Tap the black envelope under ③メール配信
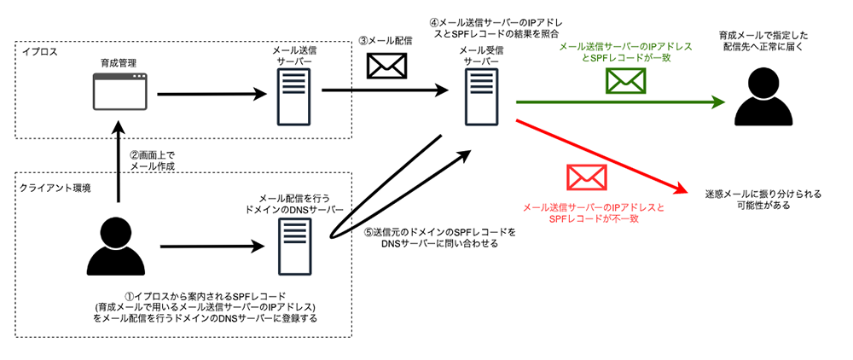pyautogui.click(x=386, y=66)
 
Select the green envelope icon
pyautogui.click(x=626, y=80)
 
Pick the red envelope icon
pyautogui.click(x=586, y=177)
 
